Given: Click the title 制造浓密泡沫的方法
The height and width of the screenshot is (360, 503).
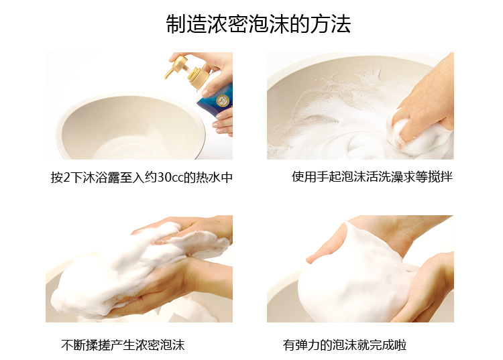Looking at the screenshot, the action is (x=258, y=23).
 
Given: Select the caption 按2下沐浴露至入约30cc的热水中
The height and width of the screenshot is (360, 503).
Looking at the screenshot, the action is (x=142, y=178).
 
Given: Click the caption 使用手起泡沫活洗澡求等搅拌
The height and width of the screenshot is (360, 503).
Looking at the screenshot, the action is (x=372, y=176).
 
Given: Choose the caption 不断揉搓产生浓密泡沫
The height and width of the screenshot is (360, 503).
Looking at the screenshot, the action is (x=123, y=345).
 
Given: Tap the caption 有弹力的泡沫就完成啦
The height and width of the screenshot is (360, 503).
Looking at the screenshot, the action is (x=345, y=345).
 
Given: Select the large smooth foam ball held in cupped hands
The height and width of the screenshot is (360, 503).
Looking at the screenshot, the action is (x=353, y=276).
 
